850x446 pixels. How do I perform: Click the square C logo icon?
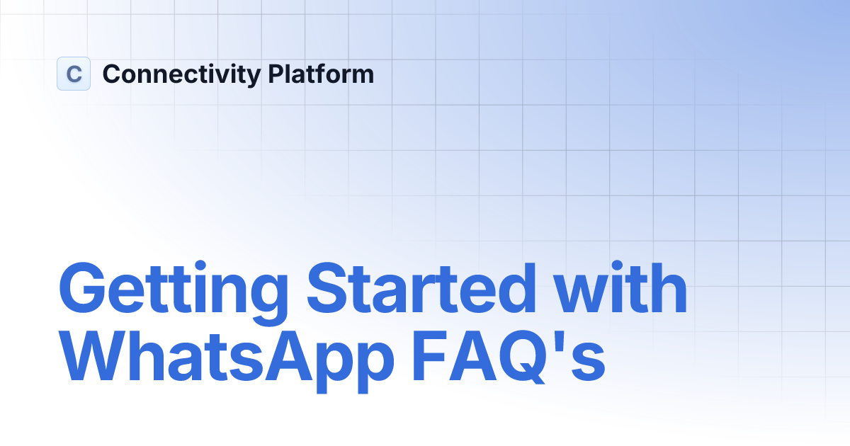[x=74, y=74]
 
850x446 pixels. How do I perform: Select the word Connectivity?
[x=181, y=74]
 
